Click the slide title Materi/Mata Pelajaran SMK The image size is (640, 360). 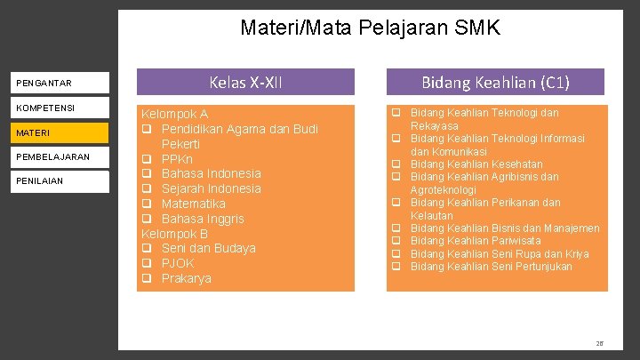click(370, 28)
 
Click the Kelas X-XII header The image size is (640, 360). click(245, 83)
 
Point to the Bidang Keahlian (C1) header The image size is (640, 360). click(495, 83)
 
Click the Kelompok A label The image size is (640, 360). click(175, 115)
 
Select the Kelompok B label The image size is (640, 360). click(175, 234)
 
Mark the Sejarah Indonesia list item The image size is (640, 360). click(212, 188)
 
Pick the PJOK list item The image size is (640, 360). click(178, 263)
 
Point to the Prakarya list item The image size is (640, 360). click(187, 278)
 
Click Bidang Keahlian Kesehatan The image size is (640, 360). click(476, 164)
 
